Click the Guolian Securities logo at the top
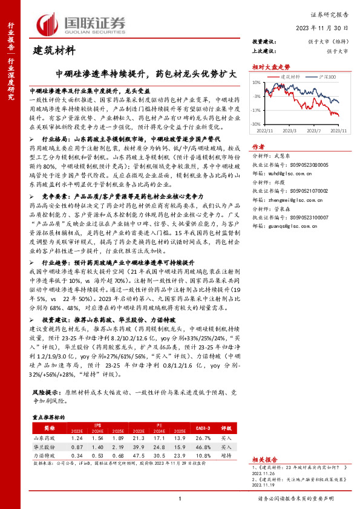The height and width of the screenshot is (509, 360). tap(82, 22)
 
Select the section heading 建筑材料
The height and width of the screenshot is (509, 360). tap(54, 50)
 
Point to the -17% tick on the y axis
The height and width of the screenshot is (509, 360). tap(257, 110)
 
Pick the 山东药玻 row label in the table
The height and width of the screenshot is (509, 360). tap(45, 437)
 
